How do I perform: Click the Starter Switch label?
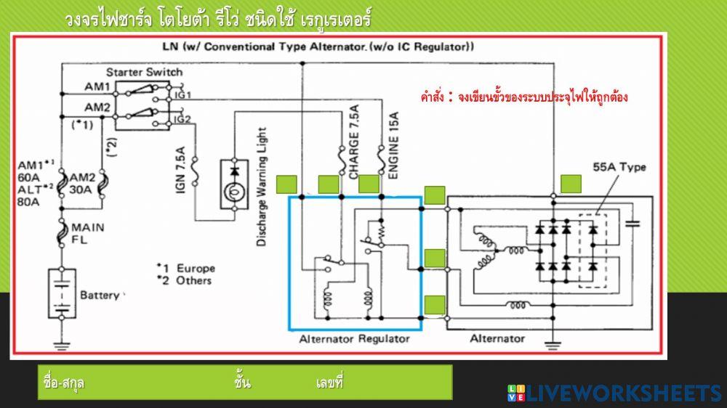click(144, 73)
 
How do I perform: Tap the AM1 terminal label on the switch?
click(97, 87)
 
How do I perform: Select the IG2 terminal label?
click(182, 119)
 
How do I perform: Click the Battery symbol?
click(62, 293)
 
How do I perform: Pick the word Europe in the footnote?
click(196, 268)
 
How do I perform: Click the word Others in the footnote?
click(194, 280)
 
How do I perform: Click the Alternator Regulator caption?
click(354, 339)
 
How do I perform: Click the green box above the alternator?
click(571, 184)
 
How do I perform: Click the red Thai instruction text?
click(523, 97)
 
